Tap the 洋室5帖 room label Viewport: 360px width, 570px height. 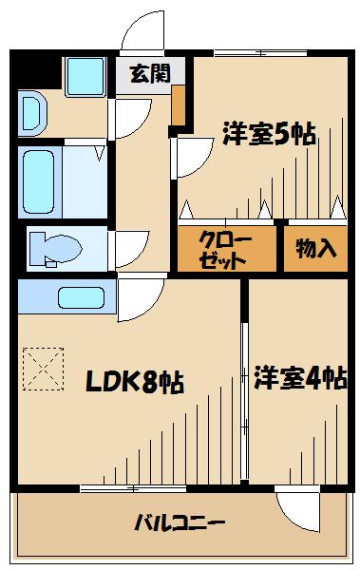pos(269,133)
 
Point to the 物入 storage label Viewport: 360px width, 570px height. pos(315,250)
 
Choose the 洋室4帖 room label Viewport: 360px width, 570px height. pos(298,378)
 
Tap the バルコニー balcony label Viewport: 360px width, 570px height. pos(180,522)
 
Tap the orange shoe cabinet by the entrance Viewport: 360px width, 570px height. pos(179,108)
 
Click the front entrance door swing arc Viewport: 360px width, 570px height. pos(141,33)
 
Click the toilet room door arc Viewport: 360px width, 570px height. pos(127,250)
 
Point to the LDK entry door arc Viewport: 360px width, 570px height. pos(139,302)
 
